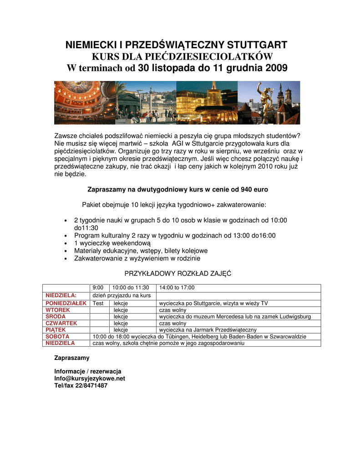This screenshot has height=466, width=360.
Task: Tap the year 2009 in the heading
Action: pyautogui.click(x=275, y=68)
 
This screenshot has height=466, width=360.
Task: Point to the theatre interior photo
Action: pyautogui.click(x=84, y=102)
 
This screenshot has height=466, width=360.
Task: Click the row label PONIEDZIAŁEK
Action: pyautogui.click(x=66, y=303)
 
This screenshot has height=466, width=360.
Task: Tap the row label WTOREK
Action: pyautogui.click(x=58, y=310)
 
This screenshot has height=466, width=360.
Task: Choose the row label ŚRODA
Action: pyautogui.click(x=56, y=316)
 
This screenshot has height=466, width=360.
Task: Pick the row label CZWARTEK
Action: pyautogui.click(x=61, y=323)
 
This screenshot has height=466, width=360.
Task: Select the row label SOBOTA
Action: pyautogui.click(x=57, y=336)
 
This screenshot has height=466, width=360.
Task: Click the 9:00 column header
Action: pyautogui.click(x=98, y=288)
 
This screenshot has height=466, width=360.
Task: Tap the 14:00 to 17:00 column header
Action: pyautogui.click(x=177, y=288)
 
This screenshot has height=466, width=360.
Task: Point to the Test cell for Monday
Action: pyautogui.click(x=98, y=303)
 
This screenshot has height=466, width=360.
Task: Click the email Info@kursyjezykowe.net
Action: pyautogui.click(x=90, y=378)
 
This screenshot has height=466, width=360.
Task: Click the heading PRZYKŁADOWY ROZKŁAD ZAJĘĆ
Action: pyautogui.click(x=178, y=274)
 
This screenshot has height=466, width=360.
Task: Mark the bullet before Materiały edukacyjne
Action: pyautogui.click(x=66, y=251)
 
